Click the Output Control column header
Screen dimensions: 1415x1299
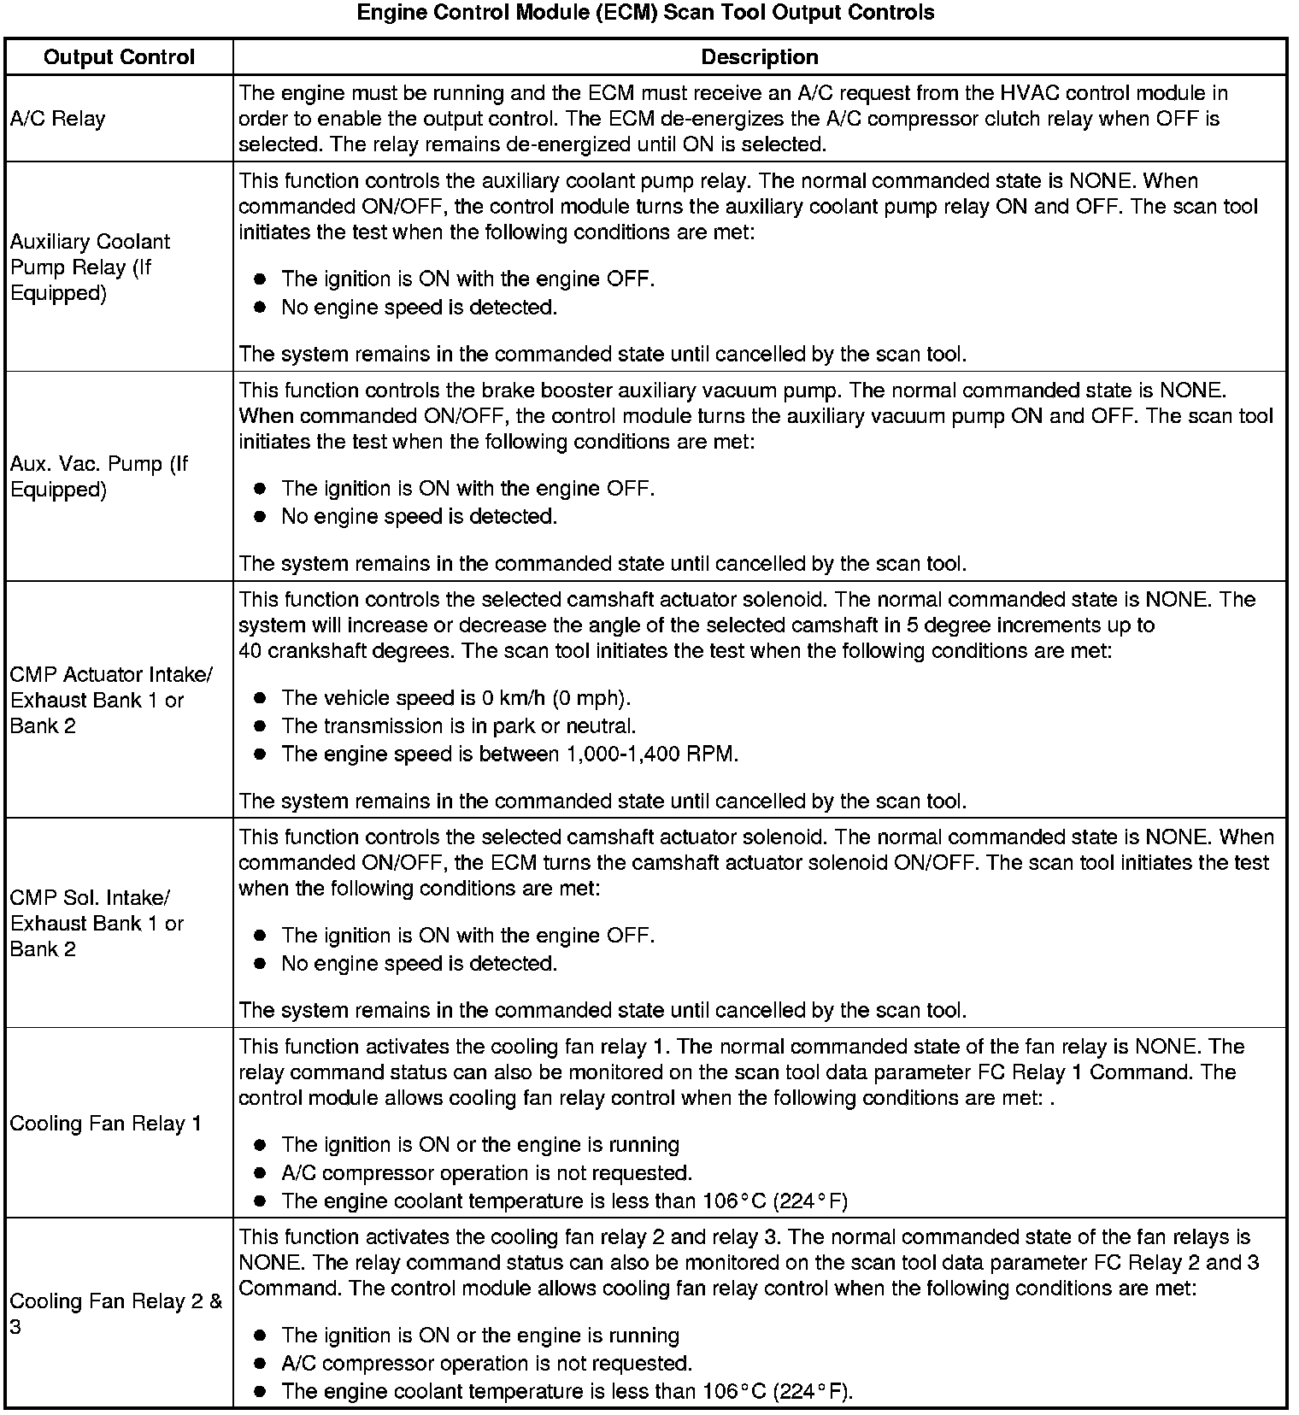[x=119, y=57]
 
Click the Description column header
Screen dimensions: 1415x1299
[x=759, y=57]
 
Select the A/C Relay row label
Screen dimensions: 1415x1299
[x=57, y=119]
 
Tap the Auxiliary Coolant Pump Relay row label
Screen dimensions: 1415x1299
[x=90, y=267]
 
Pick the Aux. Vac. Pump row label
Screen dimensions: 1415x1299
[x=98, y=477]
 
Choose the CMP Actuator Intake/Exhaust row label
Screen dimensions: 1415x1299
[x=110, y=700]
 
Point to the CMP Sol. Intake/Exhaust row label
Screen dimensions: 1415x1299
[x=97, y=923]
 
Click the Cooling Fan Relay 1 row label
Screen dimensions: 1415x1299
[x=105, y=1123]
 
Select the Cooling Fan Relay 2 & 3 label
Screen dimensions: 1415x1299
[x=115, y=1313]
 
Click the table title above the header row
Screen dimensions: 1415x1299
[x=645, y=13]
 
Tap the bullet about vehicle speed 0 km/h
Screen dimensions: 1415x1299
[x=456, y=698]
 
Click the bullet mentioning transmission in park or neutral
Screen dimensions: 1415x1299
[x=458, y=726]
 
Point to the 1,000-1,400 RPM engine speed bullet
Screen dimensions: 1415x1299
[x=509, y=754]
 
